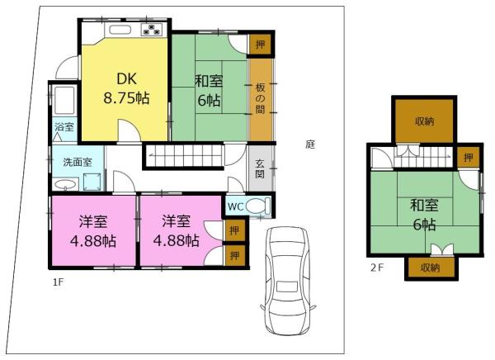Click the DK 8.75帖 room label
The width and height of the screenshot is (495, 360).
(126, 88)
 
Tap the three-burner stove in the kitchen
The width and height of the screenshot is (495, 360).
(152, 29)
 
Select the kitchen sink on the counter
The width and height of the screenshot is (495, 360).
(120, 30)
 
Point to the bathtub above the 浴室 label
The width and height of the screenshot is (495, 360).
(64, 100)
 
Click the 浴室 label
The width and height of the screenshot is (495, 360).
(64, 126)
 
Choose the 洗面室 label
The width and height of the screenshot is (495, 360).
(78, 163)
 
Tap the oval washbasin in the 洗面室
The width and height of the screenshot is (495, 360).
(65, 185)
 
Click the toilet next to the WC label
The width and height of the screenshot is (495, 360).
(258, 206)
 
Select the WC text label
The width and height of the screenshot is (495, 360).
(235, 206)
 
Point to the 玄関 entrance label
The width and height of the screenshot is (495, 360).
(260, 169)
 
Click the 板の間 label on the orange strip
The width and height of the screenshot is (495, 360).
(261, 98)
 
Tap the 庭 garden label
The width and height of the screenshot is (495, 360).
(310, 144)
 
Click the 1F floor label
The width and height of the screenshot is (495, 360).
(59, 282)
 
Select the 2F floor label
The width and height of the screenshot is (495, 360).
(377, 268)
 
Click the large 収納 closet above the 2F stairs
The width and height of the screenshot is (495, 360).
(425, 121)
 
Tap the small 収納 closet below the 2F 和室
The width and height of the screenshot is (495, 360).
(431, 268)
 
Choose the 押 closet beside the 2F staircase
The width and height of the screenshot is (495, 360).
(469, 158)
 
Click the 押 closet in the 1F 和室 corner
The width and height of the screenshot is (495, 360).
(260, 45)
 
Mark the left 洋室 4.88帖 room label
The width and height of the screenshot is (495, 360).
(93, 231)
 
